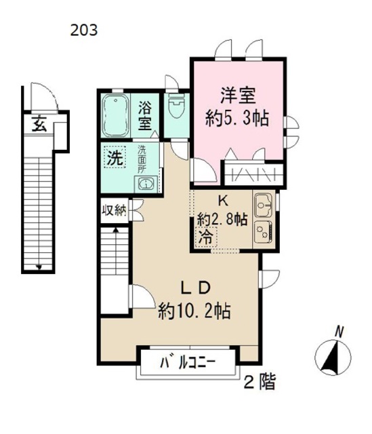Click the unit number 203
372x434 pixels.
[84, 30]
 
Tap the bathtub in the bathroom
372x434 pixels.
[116, 115]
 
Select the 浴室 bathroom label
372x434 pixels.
[145, 116]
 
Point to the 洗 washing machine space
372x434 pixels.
[115, 157]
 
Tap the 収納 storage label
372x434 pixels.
[114, 211]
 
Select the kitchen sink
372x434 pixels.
[263, 205]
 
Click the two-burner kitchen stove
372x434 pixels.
[263, 232]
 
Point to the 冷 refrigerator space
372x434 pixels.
[206, 237]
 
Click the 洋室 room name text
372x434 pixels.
[238, 95]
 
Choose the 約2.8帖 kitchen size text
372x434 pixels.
[222, 220]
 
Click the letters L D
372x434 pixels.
[196, 288]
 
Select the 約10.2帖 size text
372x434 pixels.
[194, 311]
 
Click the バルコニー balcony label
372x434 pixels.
[188, 363]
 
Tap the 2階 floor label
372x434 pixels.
[260, 382]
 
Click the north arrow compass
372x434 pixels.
[333, 357]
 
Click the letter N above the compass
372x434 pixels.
[339, 332]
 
